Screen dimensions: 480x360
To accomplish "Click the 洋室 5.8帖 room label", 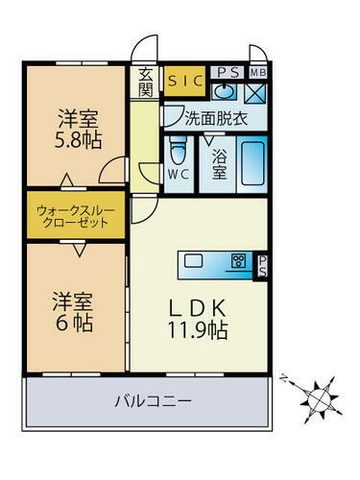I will (75, 128).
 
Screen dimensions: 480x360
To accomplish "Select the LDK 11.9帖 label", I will (199, 320).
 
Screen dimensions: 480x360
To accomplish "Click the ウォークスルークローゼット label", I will (73, 213).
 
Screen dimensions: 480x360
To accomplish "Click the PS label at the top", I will (228, 71).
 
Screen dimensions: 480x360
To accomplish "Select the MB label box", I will (258, 71).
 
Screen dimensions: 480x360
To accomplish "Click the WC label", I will (177, 176).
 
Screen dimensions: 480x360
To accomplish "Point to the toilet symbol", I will (177, 151).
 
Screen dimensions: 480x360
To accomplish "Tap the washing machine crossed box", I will (255, 93).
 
